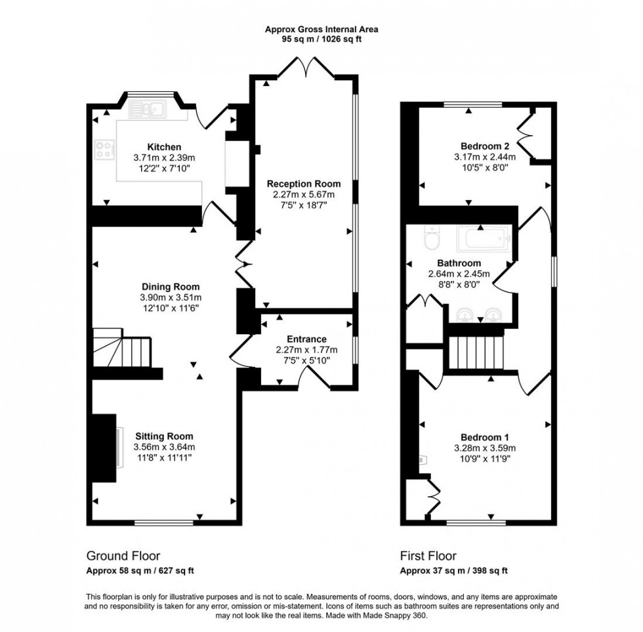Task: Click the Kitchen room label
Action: point(163,147)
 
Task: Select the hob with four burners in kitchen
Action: point(104,150)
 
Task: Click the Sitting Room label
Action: point(164,436)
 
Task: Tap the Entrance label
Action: point(306,339)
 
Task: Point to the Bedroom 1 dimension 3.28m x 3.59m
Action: point(486,448)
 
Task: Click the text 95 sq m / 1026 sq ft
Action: point(321,39)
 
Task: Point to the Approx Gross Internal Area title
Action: point(321,29)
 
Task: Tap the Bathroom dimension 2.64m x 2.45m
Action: point(459,274)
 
